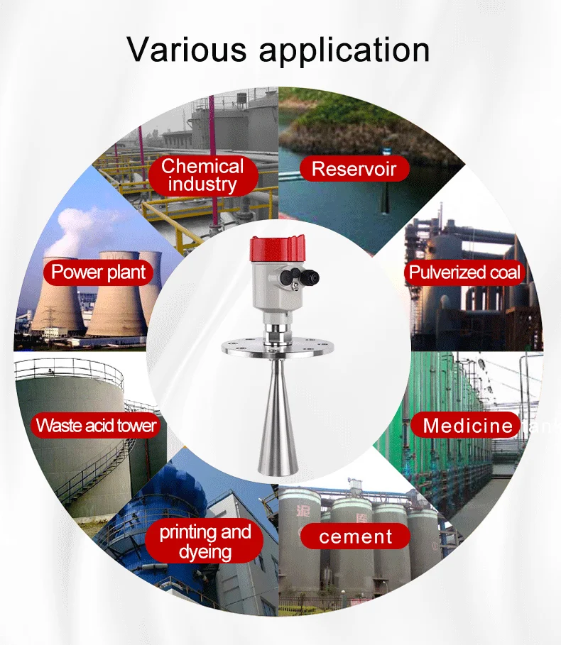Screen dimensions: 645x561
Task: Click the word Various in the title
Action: coord(187,50)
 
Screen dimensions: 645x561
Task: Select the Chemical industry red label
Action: coord(202,175)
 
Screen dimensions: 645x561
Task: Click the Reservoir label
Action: coord(353,169)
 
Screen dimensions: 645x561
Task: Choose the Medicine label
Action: coord(467,426)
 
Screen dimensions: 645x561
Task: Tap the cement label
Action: coord(355,536)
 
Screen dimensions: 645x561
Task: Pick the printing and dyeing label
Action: coord(205,542)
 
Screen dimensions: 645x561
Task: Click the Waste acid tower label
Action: coord(96,426)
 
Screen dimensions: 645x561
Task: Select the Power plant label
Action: coord(99,272)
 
